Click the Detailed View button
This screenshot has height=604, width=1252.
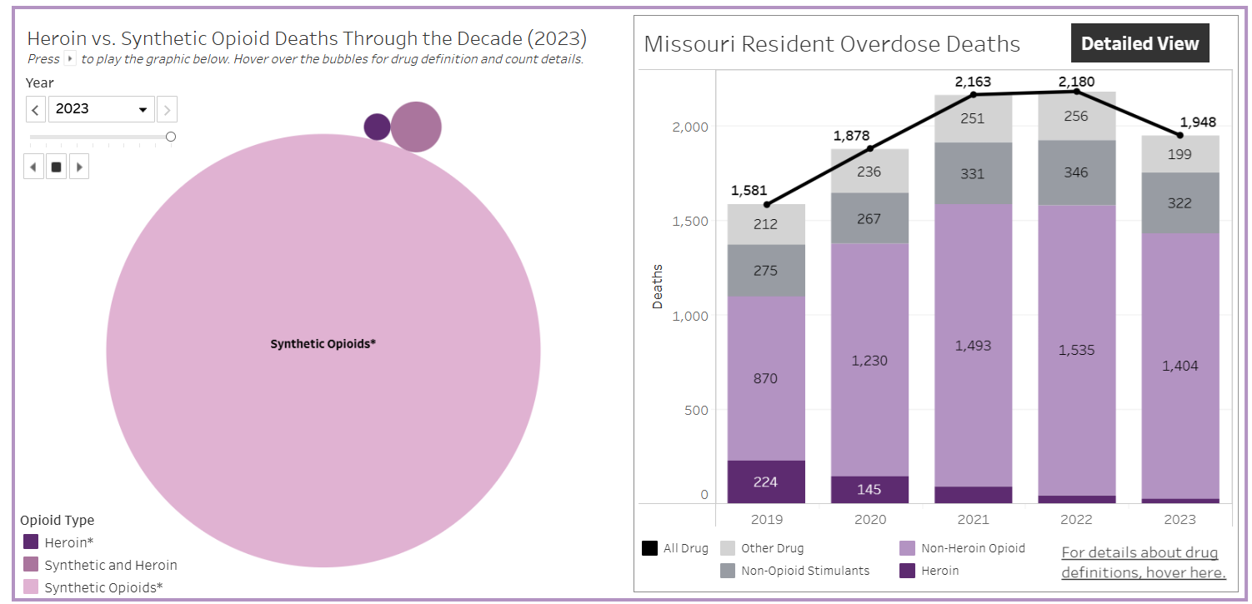tap(1139, 44)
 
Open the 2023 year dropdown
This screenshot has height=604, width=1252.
tap(102, 109)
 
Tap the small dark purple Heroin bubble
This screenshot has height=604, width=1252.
tap(377, 127)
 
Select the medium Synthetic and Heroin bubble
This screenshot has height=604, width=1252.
tap(416, 127)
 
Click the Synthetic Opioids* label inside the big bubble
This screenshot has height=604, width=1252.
tap(323, 343)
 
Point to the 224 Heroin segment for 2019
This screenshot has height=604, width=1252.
tap(766, 482)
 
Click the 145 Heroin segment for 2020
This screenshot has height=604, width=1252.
tap(869, 489)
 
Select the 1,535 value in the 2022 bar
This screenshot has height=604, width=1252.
tap(1075, 350)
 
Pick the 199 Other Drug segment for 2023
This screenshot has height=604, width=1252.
tap(1179, 154)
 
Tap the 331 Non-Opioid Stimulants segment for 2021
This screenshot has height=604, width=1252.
tap(972, 174)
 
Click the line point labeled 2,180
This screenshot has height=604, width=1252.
tap(1076, 92)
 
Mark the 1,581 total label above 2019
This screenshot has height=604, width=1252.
tap(748, 191)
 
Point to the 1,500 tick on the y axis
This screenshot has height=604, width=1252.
tap(689, 221)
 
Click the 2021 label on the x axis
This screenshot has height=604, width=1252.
tap(973, 519)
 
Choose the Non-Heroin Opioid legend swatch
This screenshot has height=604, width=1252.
tap(908, 548)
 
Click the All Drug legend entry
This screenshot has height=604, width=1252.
tap(676, 548)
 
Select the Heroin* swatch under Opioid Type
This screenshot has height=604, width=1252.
tap(31, 542)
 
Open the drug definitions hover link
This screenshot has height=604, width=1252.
tap(1144, 562)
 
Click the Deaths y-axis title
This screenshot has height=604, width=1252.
tap(658, 287)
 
